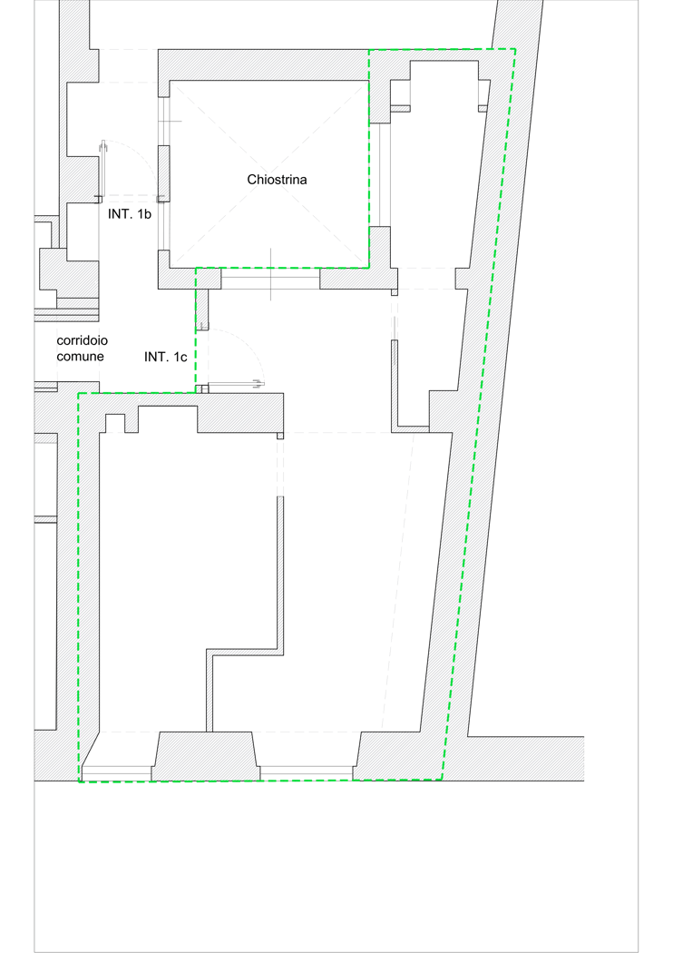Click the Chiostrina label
[x=277, y=180]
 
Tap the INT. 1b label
[x=130, y=214]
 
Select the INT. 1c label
[x=165, y=357]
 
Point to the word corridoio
[x=82, y=340]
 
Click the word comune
[x=80, y=356]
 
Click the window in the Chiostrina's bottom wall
[x=270, y=279]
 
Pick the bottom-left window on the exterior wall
[x=117, y=773]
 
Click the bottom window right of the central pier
[x=307, y=773]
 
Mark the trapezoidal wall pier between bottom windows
[x=206, y=756]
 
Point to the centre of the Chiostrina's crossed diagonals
[x=269, y=174]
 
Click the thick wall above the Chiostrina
[x=263, y=64]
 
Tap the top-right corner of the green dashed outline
[x=515, y=49]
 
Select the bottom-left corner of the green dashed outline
[x=79, y=781]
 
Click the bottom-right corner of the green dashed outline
[x=442, y=780]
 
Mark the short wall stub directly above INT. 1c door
[x=202, y=309]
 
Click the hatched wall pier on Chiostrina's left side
[x=164, y=174]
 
